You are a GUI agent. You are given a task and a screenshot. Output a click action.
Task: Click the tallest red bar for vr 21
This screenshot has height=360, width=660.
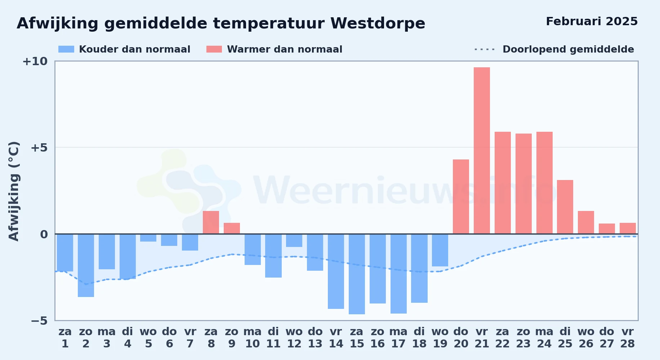tap(482, 150)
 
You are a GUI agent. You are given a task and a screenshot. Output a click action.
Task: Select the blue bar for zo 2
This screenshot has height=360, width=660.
tap(86, 266)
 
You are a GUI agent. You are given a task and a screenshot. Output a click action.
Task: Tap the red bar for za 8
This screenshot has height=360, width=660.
tap(211, 222)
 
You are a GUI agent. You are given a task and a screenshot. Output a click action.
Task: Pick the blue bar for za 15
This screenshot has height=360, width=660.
tap(357, 274)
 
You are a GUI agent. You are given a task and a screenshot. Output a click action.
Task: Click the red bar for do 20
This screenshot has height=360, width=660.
tap(461, 197)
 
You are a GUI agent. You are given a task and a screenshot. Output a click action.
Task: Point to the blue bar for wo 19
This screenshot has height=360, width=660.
tap(440, 250)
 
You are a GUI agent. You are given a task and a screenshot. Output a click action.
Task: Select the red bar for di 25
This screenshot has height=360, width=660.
tap(565, 207)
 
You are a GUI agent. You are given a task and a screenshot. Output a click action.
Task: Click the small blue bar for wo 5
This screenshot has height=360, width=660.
tap(148, 238)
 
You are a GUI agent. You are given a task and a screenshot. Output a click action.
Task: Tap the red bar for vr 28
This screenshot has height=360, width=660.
tap(628, 228)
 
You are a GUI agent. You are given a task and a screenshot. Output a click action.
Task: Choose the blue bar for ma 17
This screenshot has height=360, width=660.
tap(398, 274)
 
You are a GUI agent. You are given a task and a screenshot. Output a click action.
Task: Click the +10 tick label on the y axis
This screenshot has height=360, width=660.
tap(35, 61)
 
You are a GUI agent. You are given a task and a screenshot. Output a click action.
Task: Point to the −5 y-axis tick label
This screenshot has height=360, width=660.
tap(39, 320)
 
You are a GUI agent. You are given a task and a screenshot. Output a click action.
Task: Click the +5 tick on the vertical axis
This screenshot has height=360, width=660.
tap(39, 148)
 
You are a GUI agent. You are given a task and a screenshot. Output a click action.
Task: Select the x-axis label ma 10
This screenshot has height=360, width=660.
tap(252, 338)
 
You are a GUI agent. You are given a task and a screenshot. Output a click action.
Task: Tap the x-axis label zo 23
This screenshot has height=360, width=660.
tap(523, 338)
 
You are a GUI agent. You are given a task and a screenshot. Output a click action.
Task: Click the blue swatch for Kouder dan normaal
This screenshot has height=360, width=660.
tap(66, 49)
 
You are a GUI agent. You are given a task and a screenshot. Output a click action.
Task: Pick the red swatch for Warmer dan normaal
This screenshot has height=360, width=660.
tap(214, 49)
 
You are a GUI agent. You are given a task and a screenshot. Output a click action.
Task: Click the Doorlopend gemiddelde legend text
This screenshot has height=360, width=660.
tap(568, 49)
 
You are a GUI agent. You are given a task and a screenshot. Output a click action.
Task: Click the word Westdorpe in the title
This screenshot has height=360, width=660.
tap(378, 23)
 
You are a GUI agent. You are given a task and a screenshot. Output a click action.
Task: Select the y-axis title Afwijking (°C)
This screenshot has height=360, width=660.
tap(14, 191)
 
